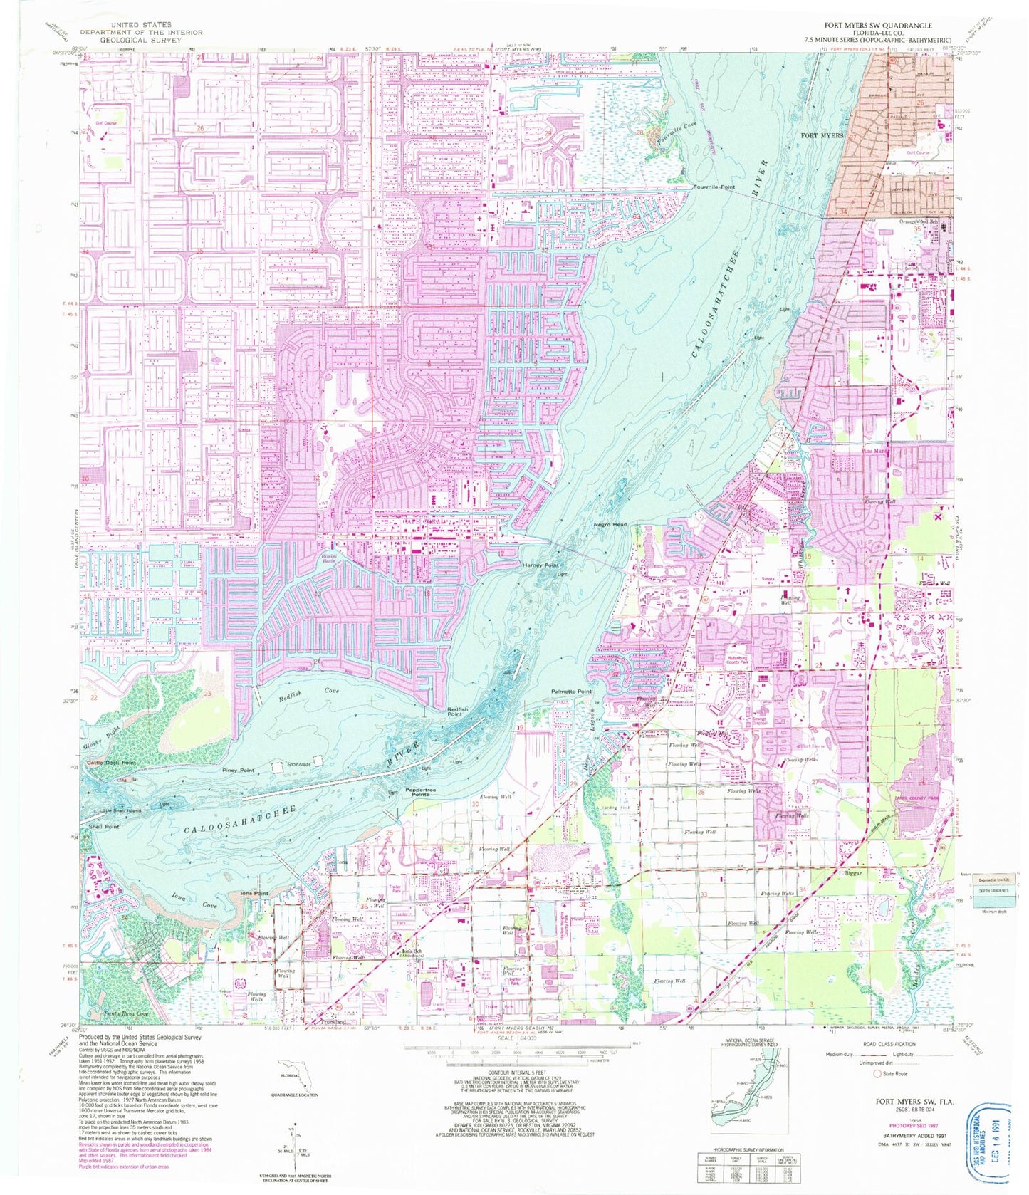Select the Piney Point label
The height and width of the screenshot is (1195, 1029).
click(x=238, y=771)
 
